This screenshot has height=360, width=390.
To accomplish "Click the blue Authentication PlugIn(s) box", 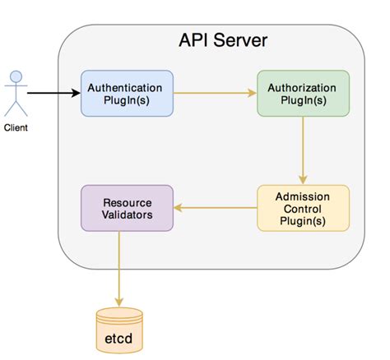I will point(125,93).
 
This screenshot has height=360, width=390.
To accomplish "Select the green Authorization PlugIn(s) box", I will point(303,93).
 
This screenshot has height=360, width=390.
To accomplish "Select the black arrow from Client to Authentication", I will point(53,93).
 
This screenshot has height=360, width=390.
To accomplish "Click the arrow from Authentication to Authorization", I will point(213,93).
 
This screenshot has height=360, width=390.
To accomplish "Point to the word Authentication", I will point(125,86).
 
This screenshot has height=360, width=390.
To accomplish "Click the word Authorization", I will point(303,86).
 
